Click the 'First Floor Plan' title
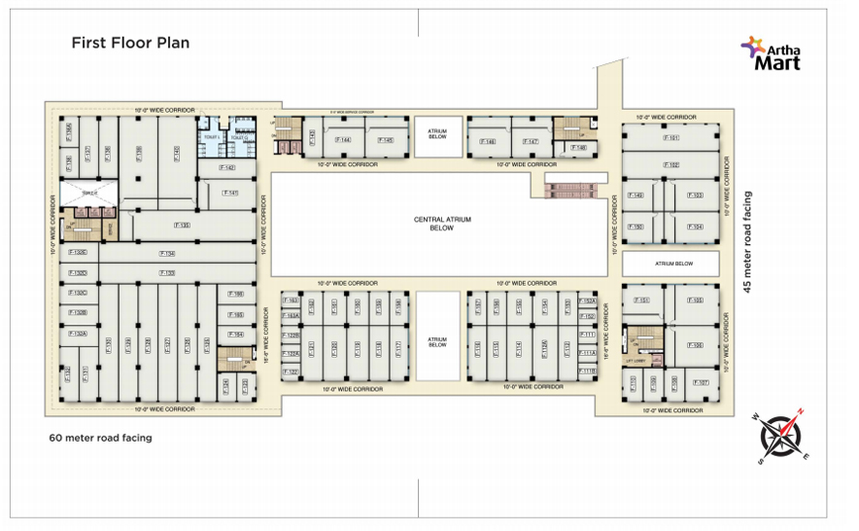coord(129,43)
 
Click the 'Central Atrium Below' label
coord(442,225)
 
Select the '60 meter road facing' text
coord(100,438)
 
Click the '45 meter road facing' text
coord(747,241)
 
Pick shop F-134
coord(168,255)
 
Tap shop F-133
coord(168,273)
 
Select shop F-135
coord(182,226)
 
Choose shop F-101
coord(671,138)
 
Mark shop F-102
coord(671,165)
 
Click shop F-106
coord(696,345)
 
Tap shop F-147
coord(531,142)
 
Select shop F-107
coord(700,382)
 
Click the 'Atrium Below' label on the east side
coord(671,263)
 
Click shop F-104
coord(696,227)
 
